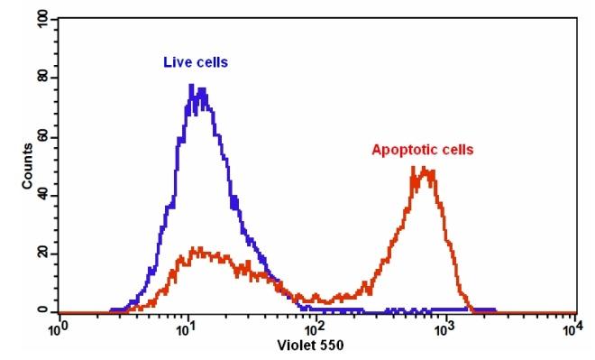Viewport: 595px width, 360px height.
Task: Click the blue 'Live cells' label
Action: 196,62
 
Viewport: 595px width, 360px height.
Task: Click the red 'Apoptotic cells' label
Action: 422,150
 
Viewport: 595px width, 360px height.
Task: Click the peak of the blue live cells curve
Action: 192,86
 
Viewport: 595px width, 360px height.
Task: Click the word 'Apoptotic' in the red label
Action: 401,150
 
